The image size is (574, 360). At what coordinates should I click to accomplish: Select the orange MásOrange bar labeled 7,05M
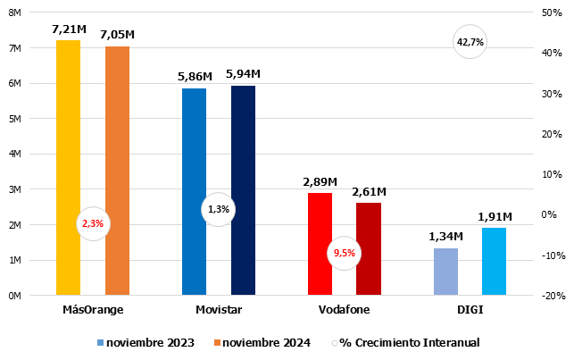[117, 170]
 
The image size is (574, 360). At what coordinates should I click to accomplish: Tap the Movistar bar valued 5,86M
[194, 191]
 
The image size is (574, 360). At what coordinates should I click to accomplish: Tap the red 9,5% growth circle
[344, 253]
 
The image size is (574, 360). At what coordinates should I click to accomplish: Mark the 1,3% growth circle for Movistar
[218, 209]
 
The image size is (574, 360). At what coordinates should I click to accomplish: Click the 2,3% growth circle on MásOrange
[93, 224]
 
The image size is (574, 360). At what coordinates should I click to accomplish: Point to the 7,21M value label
[68, 29]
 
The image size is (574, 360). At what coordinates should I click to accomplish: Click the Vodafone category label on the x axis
[344, 309]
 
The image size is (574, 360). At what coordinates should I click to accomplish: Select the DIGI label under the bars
[470, 309]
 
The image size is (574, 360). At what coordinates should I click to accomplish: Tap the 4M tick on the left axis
[27, 154]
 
